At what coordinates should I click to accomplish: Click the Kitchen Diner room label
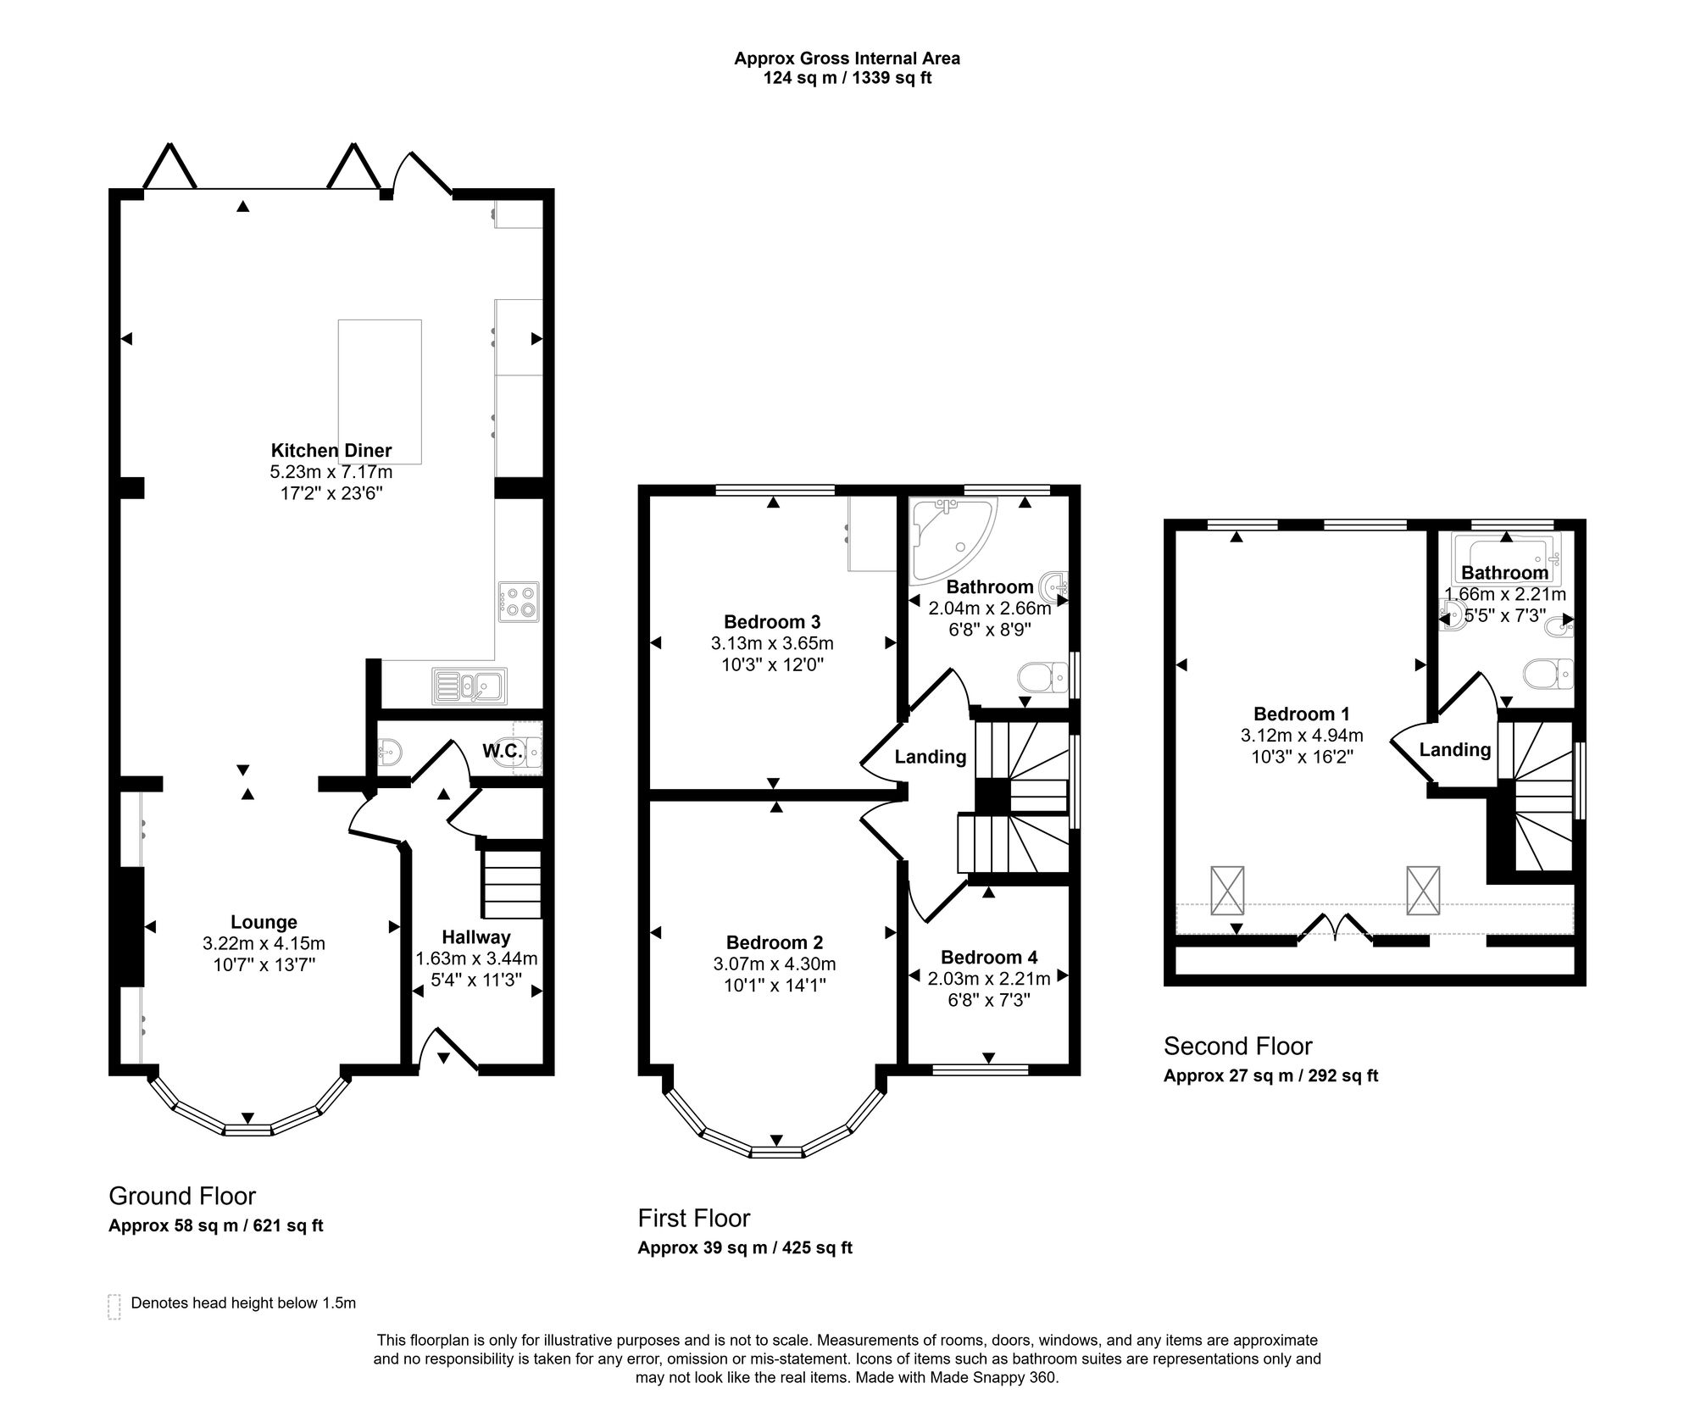[x=331, y=450]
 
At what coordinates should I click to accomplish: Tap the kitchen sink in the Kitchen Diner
[x=470, y=686]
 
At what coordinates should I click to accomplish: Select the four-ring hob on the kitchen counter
[x=518, y=603]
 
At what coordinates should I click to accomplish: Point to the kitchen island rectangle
[x=380, y=392]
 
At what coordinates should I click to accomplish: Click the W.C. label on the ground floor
[x=502, y=751]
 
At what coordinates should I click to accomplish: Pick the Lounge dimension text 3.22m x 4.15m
[x=264, y=943]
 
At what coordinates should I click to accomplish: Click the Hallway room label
[x=476, y=937]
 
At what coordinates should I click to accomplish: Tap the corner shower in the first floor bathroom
[x=953, y=540]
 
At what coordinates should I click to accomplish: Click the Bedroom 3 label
[x=772, y=622]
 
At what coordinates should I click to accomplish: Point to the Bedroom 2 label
[x=775, y=942]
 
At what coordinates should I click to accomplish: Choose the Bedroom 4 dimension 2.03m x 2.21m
[x=989, y=979]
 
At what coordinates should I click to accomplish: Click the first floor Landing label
[x=931, y=757]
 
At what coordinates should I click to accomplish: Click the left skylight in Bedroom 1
[x=1227, y=890]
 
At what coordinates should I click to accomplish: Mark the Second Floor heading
[x=1237, y=1047]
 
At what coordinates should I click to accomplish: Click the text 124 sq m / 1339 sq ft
[x=847, y=79]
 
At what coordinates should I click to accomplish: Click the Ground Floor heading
[x=182, y=1196]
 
